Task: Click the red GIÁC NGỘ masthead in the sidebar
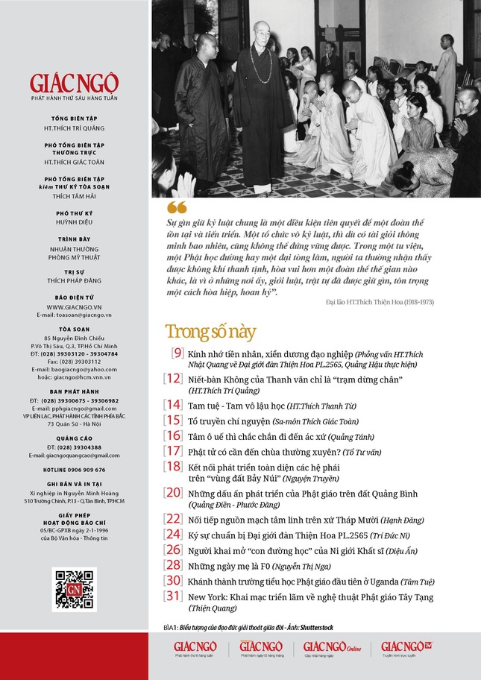coord(74,83)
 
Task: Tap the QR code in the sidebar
coord(74,588)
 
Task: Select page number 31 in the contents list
coord(173,595)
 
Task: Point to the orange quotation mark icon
coord(177,207)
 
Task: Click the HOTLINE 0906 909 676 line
coord(74,470)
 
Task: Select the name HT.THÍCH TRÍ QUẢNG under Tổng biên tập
coord(74,127)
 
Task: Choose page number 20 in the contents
coord(173,492)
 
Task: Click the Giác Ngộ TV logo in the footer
coord(406,647)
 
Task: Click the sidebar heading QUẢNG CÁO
coord(74,439)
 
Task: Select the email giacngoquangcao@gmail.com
coord(74,455)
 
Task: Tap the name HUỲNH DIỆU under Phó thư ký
coord(74,222)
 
